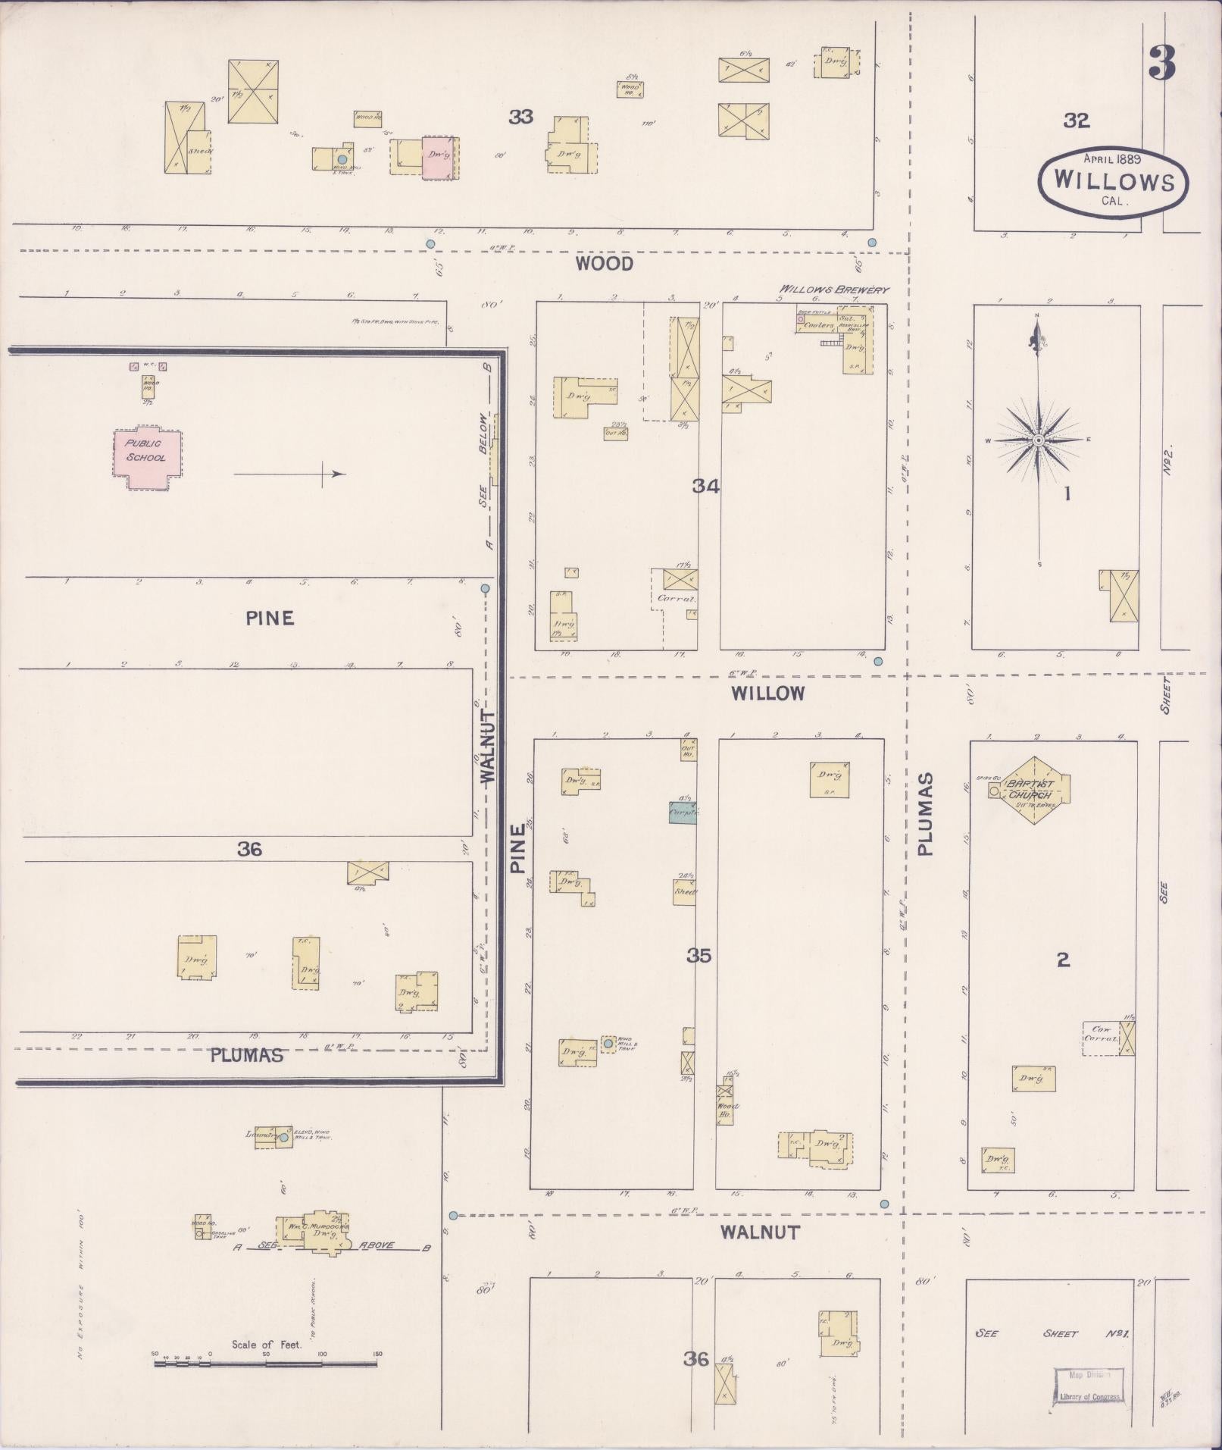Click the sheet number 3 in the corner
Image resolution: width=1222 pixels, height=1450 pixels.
point(1161,64)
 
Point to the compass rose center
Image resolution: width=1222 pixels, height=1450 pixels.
point(1039,440)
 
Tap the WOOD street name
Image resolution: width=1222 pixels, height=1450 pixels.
point(604,264)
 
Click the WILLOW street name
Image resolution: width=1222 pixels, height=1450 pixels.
point(767,693)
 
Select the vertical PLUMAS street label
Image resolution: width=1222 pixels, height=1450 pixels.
point(926,814)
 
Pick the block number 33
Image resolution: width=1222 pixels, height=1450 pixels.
point(520,117)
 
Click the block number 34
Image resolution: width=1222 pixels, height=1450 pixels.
point(705,486)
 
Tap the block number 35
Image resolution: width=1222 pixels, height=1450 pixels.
point(699,956)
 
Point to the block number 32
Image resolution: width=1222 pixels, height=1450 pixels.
point(1076,120)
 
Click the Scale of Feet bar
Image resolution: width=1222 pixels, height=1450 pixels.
point(265,1364)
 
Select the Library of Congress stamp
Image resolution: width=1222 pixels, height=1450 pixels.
point(1088,1386)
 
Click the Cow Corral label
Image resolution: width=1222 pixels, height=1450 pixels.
point(1100,1034)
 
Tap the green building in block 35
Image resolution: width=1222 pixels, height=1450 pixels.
point(682,813)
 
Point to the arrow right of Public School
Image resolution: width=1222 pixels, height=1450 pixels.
point(289,474)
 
